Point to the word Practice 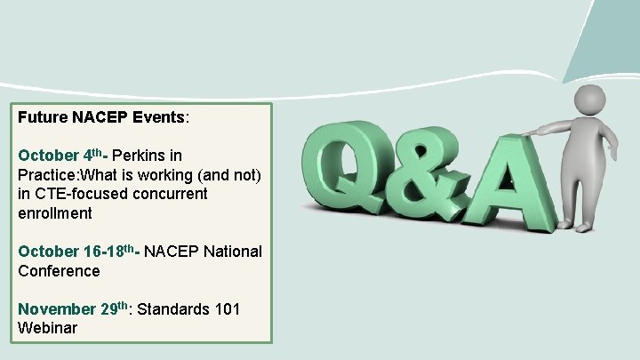point(48,173)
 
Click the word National point(231,252)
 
